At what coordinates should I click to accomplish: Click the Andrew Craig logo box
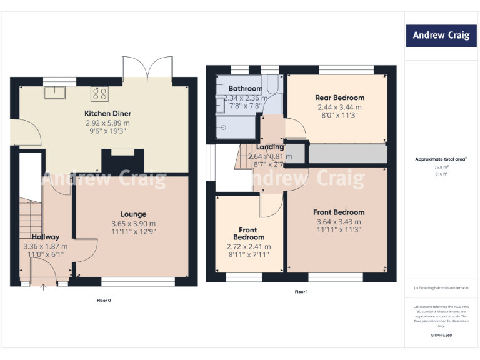click(441, 36)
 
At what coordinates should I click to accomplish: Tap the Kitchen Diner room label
click(108, 113)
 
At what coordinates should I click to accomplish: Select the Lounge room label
click(134, 214)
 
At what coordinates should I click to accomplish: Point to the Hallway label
click(46, 237)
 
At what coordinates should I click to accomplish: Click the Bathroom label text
click(245, 89)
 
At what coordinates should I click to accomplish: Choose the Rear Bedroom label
click(339, 98)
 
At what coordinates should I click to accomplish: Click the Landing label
click(270, 147)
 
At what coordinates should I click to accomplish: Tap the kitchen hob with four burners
click(100, 94)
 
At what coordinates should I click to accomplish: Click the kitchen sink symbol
click(51, 93)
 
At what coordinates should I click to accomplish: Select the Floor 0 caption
click(104, 301)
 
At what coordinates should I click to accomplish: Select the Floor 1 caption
click(301, 292)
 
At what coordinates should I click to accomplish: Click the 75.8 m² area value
click(441, 167)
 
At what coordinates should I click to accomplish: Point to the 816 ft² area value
click(441, 174)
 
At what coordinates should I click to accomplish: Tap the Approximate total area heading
click(441, 159)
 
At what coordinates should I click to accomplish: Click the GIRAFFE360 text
click(441, 337)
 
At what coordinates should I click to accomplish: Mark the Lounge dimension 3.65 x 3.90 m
click(134, 223)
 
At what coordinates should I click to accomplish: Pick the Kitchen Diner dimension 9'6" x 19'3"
click(108, 132)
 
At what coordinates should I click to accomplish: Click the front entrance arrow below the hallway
click(43, 288)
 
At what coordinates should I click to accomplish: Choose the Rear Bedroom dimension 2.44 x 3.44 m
click(339, 107)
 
